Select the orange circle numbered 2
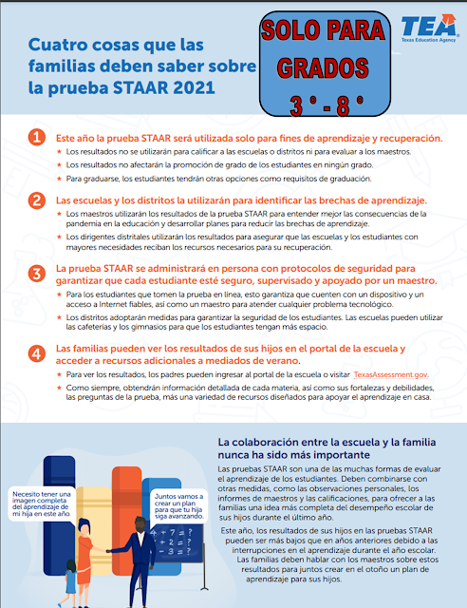36,201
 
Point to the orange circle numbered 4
36,353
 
